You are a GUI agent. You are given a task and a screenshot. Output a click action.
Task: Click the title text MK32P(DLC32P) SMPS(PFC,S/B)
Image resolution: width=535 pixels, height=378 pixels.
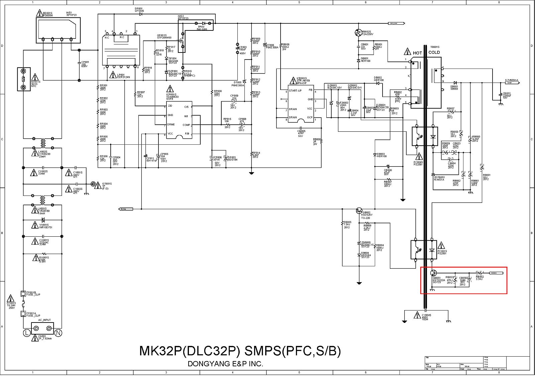click(240, 351)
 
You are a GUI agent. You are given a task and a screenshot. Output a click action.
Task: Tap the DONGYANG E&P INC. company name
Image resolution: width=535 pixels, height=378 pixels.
click(225, 364)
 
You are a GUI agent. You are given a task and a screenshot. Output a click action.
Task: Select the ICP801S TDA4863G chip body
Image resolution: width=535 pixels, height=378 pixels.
click(179, 120)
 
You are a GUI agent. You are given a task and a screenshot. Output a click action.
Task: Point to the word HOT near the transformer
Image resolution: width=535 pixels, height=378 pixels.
click(417, 53)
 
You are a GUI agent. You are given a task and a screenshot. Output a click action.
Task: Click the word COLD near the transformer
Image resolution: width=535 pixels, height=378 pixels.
click(434, 52)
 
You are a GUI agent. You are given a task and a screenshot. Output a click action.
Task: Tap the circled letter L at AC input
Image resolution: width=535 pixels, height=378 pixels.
click(27, 333)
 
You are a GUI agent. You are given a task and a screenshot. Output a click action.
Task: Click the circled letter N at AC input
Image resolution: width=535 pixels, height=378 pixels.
click(58, 333)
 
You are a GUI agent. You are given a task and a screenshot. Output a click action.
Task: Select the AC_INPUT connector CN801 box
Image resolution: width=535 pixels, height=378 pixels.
click(42, 328)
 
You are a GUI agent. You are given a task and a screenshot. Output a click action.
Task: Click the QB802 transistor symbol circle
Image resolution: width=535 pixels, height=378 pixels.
click(359, 211)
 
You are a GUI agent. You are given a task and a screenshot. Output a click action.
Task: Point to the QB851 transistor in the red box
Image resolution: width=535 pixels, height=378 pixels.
click(434, 273)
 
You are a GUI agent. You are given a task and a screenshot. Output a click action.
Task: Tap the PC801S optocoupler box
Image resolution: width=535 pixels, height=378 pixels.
click(424, 250)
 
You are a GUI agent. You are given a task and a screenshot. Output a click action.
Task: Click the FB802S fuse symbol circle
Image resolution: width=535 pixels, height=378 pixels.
click(358, 33)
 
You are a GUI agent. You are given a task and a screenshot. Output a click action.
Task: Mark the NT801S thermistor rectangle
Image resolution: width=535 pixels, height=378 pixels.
click(23, 79)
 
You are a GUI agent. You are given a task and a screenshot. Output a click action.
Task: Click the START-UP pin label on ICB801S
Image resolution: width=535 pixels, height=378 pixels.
click(295, 91)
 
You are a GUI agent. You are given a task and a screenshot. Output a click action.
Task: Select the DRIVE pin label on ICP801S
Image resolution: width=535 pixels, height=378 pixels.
click(171, 124)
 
